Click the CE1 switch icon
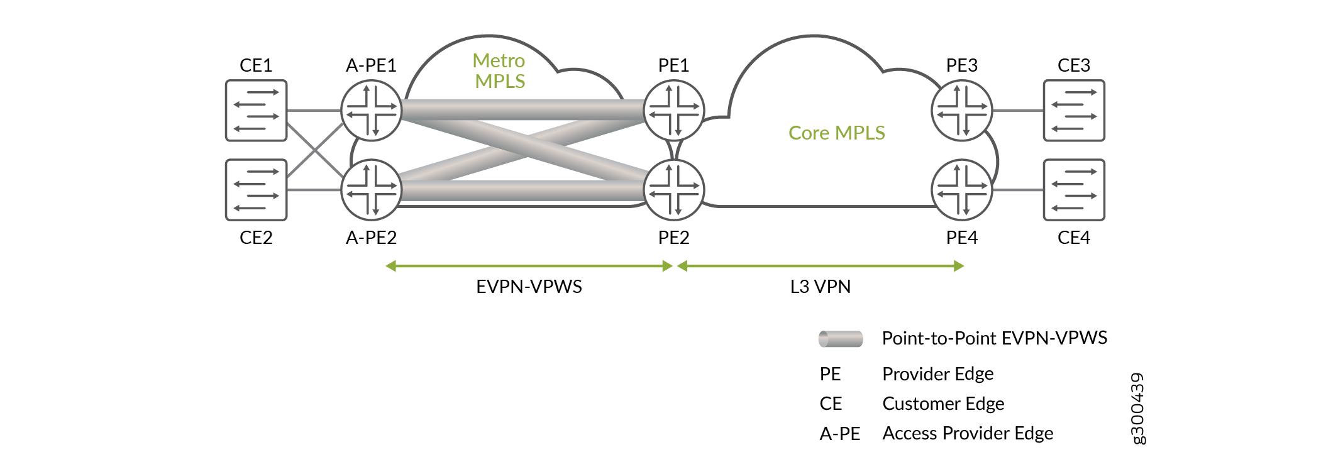click(x=256, y=111)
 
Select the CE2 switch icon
click(x=256, y=190)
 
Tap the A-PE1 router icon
click(x=371, y=111)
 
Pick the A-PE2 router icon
click(x=371, y=190)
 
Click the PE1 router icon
click(x=674, y=111)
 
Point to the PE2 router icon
click(x=674, y=190)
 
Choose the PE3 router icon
click(x=961, y=111)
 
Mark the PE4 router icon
click(x=961, y=190)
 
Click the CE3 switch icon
click(x=1074, y=111)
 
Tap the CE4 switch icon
click(x=1074, y=190)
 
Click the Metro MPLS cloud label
click(x=499, y=71)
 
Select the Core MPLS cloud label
click(x=836, y=133)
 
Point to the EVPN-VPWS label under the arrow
click(x=529, y=287)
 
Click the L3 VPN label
click(x=820, y=287)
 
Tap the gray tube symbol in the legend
click(x=841, y=339)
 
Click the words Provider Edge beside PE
click(x=937, y=374)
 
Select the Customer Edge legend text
click(x=943, y=404)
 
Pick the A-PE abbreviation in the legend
click(x=839, y=433)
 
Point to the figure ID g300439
click(x=1137, y=408)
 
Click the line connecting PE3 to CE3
click(x=1018, y=111)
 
